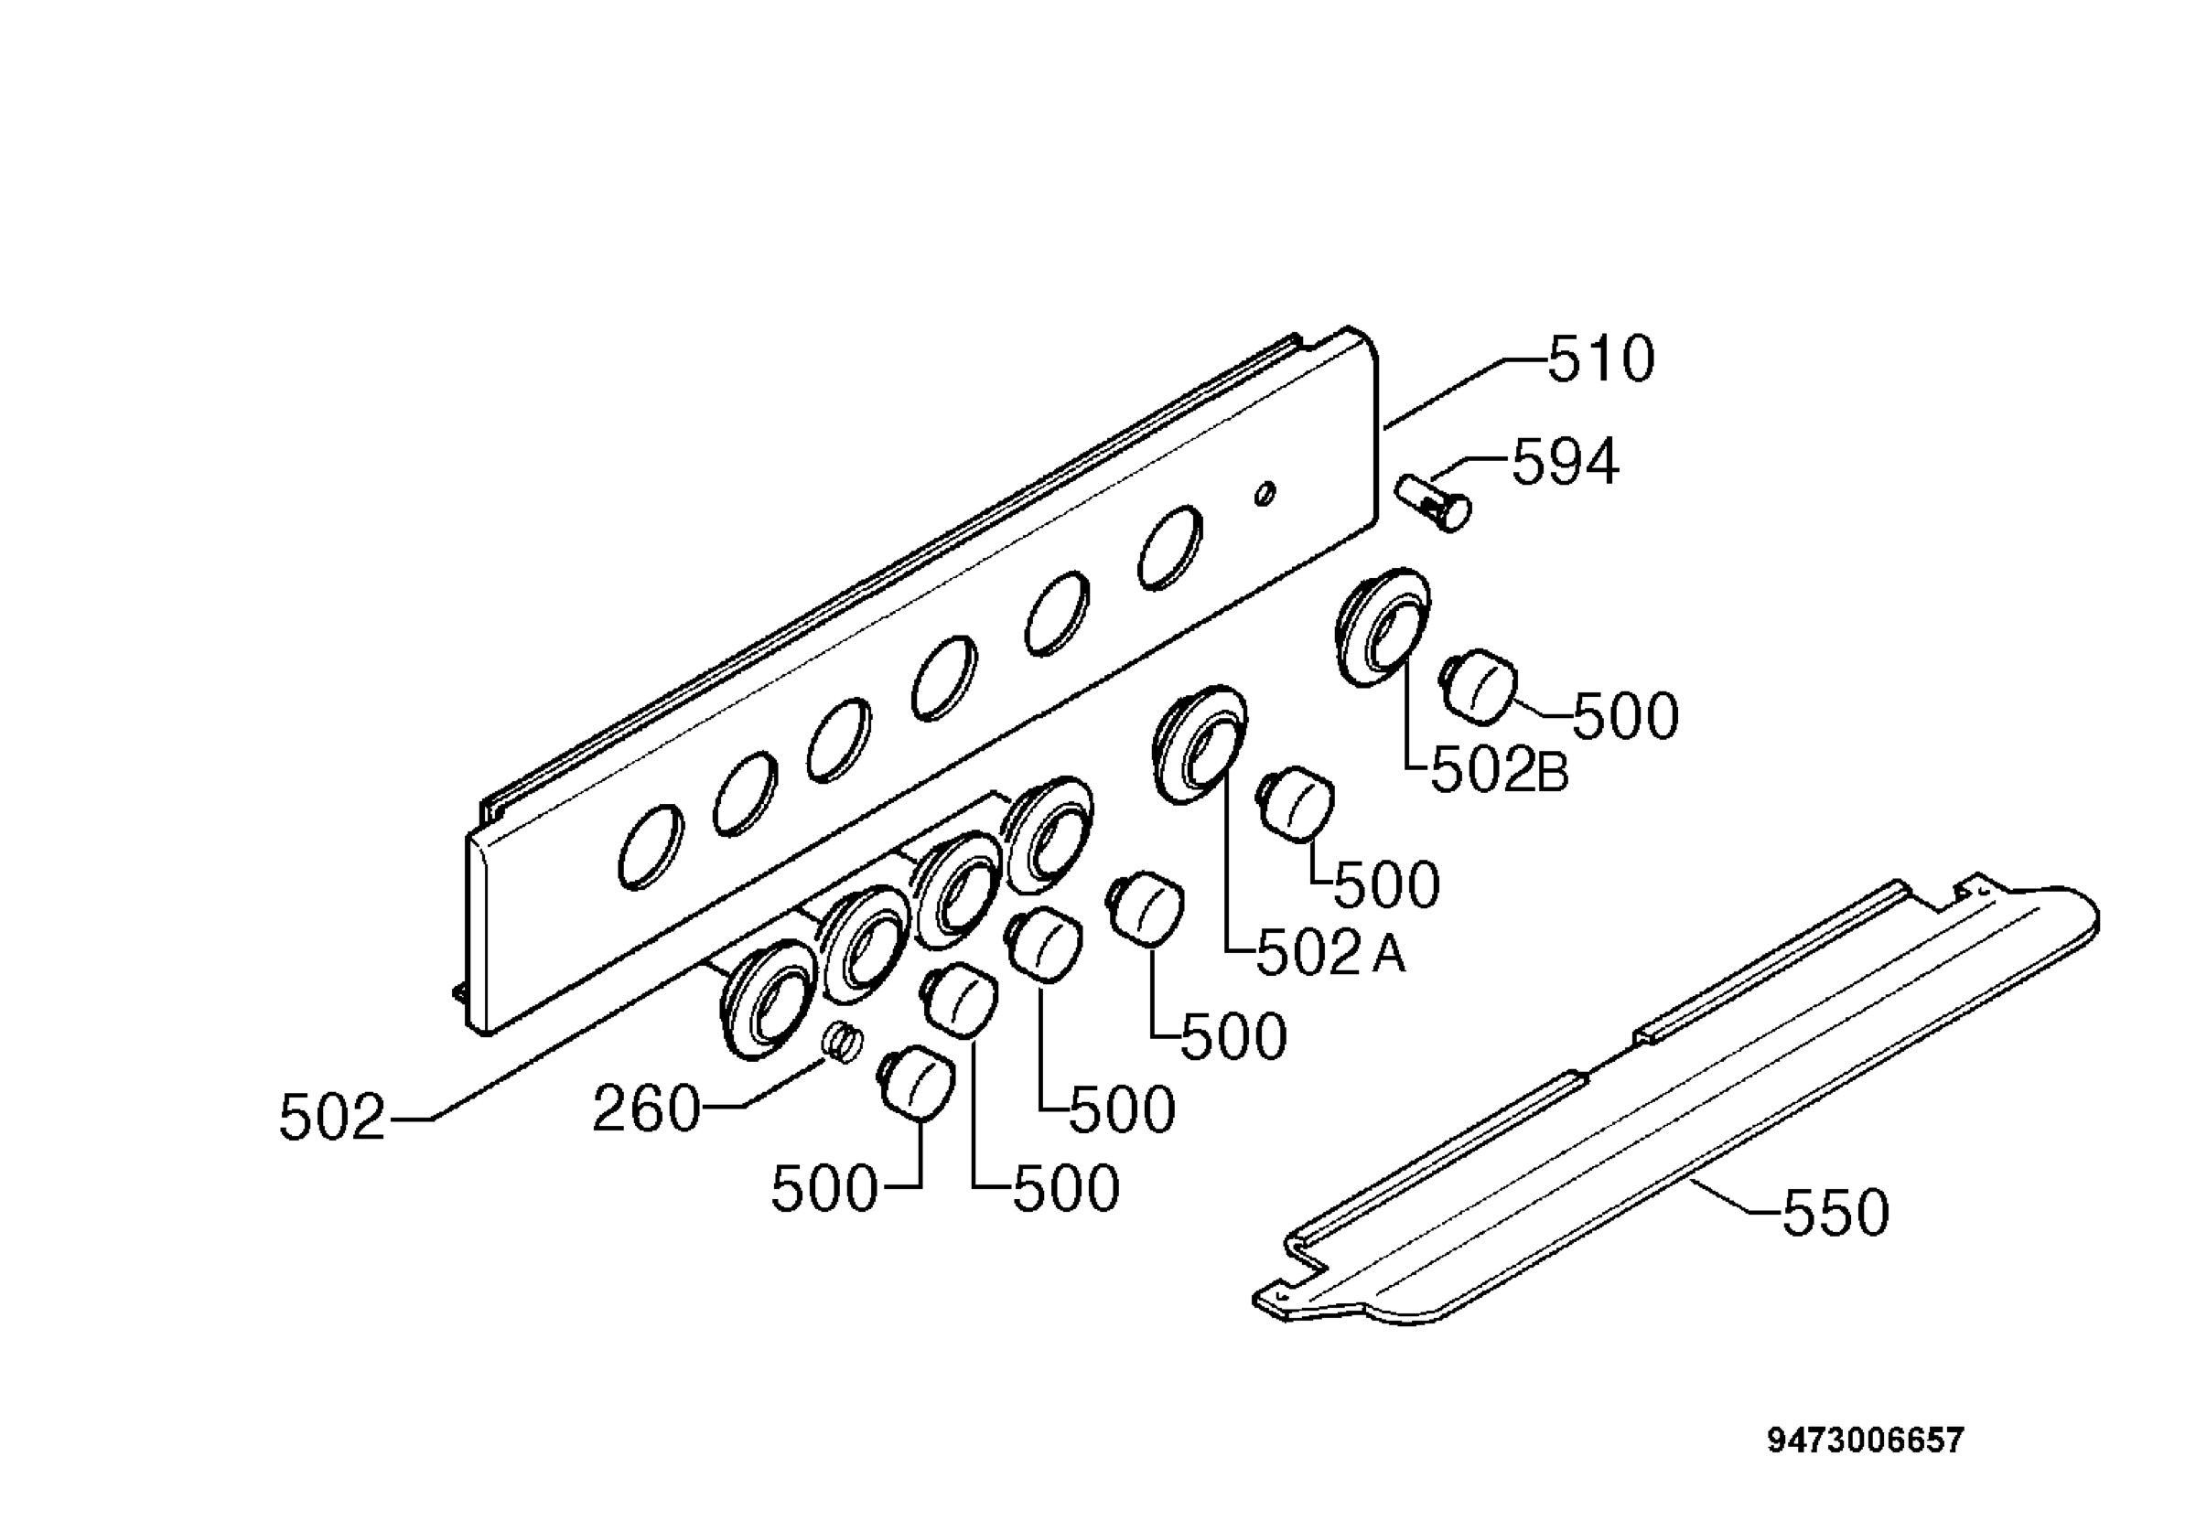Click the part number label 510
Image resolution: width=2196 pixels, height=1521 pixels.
[x=1601, y=360]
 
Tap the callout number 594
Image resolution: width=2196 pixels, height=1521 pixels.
[x=1565, y=463]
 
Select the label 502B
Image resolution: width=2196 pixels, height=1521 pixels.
[x=1499, y=773]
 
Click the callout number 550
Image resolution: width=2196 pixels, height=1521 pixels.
[x=1835, y=1213]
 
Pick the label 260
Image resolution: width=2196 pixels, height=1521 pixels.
[x=646, y=1110]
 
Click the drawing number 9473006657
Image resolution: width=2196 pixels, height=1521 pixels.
[x=1866, y=1440]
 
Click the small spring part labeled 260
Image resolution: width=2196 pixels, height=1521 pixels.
[x=843, y=1042]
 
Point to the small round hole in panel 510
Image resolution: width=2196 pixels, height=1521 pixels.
[x=1265, y=495]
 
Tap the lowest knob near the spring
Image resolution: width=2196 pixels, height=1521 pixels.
[x=917, y=1084]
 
